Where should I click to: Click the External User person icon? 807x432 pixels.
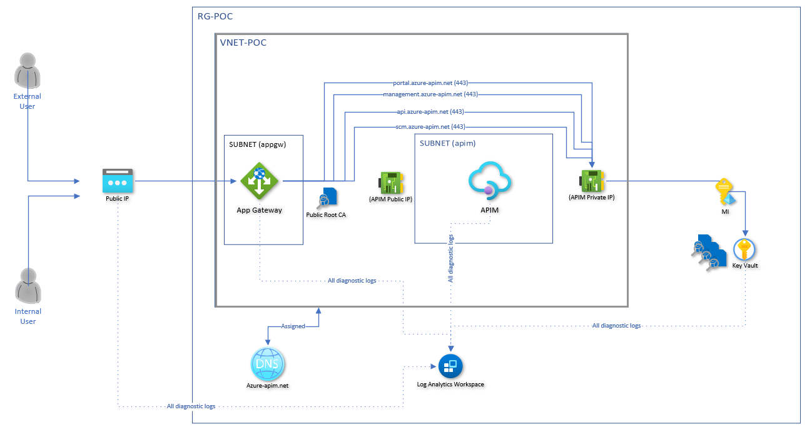pyautogui.click(x=28, y=70)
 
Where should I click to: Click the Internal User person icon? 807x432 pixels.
pyautogui.click(x=28, y=285)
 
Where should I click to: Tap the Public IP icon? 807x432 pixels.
pyautogui.click(x=118, y=181)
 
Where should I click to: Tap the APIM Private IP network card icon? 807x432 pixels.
pyautogui.click(x=591, y=181)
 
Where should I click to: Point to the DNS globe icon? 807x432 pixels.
pyautogui.click(x=268, y=362)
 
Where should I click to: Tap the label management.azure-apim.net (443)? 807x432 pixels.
pyautogui.click(x=430, y=94)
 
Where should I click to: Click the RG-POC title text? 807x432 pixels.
pyautogui.click(x=215, y=16)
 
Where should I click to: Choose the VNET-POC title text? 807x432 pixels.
pyautogui.click(x=243, y=43)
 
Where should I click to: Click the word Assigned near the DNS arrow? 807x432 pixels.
pyautogui.click(x=293, y=326)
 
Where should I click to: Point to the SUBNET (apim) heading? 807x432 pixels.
pyautogui.click(x=447, y=143)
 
